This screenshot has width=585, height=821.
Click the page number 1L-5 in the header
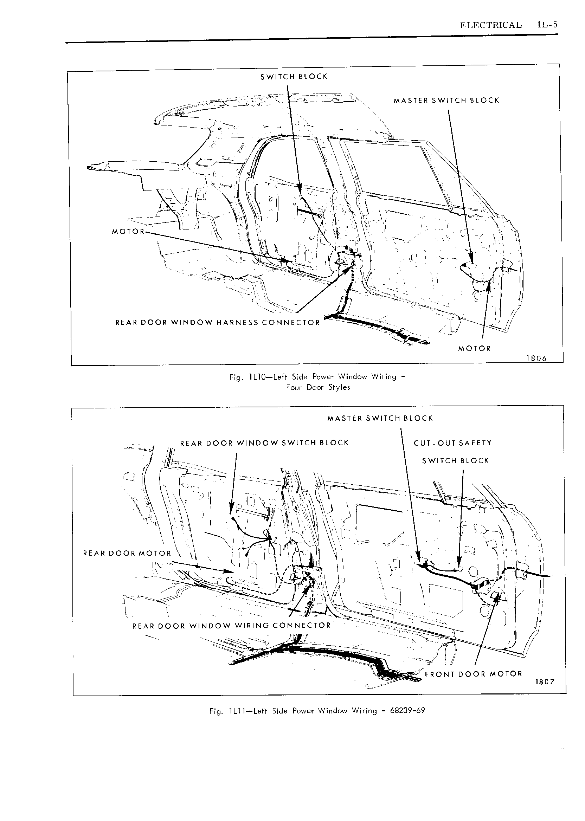(x=547, y=25)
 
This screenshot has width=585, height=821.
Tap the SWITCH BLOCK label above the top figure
(x=294, y=76)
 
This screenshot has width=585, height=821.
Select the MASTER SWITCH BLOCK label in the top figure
(x=446, y=101)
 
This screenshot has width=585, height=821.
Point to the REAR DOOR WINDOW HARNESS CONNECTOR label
(x=218, y=323)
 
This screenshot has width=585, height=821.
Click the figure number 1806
(x=536, y=358)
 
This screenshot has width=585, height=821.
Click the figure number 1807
(x=545, y=681)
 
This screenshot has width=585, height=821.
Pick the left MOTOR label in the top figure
(x=128, y=232)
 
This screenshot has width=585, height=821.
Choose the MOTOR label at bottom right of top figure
(x=474, y=349)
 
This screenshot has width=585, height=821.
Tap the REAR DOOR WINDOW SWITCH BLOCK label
(x=264, y=443)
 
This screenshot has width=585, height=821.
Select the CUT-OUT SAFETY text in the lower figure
(x=453, y=443)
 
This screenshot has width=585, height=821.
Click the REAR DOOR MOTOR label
(x=127, y=553)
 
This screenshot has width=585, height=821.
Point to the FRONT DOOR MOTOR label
(x=473, y=674)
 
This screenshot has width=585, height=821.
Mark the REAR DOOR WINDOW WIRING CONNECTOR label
(x=232, y=626)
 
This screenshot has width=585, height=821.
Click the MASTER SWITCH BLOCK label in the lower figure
(x=380, y=418)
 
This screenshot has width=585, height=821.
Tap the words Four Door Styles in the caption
(x=318, y=387)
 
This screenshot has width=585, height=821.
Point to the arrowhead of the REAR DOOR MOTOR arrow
(x=229, y=571)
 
